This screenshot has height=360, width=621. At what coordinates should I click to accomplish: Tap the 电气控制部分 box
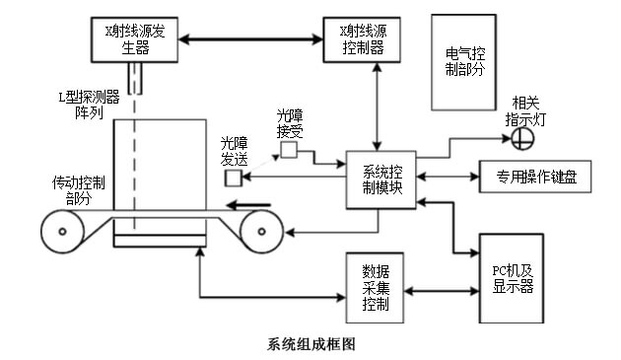(463, 61)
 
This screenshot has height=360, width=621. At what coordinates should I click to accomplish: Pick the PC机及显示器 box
(512, 278)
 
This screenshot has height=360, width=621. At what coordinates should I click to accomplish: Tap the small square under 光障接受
(289, 150)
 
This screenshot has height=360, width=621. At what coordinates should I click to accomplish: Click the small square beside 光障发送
(234, 178)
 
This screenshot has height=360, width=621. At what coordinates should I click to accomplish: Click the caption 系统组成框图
(310, 344)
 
